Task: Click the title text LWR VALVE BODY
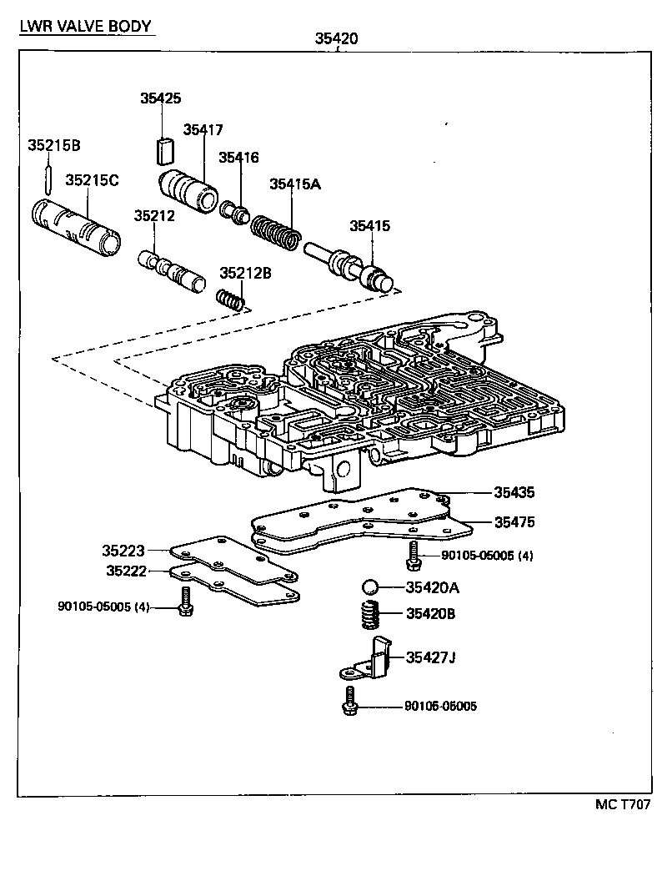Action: pyautogui.click(x=86, y=26)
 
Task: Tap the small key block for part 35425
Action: pyautogui.click(x=163, y=150)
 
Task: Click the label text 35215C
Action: pyautogui.click(x=93, y=179)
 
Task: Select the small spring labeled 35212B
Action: pyautogui.click(x=230, y=298)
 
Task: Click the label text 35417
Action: pyautogui.click(x=203, y=129)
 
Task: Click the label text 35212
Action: pyautogui.click(x=154, y=215)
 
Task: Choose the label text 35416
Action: pyautogui.click(x=239, y=157)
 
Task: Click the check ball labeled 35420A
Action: pyautogui.click(x=371, y=587)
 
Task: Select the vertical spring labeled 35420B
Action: pyautogui.click(x=369, y=617)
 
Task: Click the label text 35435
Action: pyautogui.click(x=514, y=492)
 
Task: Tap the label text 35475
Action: pyautogui.click(x=514, y=522)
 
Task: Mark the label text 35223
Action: pyautogui.click(x=123, y=551)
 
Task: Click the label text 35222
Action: pyautogui.click(x=127, y=571)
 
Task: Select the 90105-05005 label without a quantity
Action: pyautogui.click(x=440, y=706)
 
